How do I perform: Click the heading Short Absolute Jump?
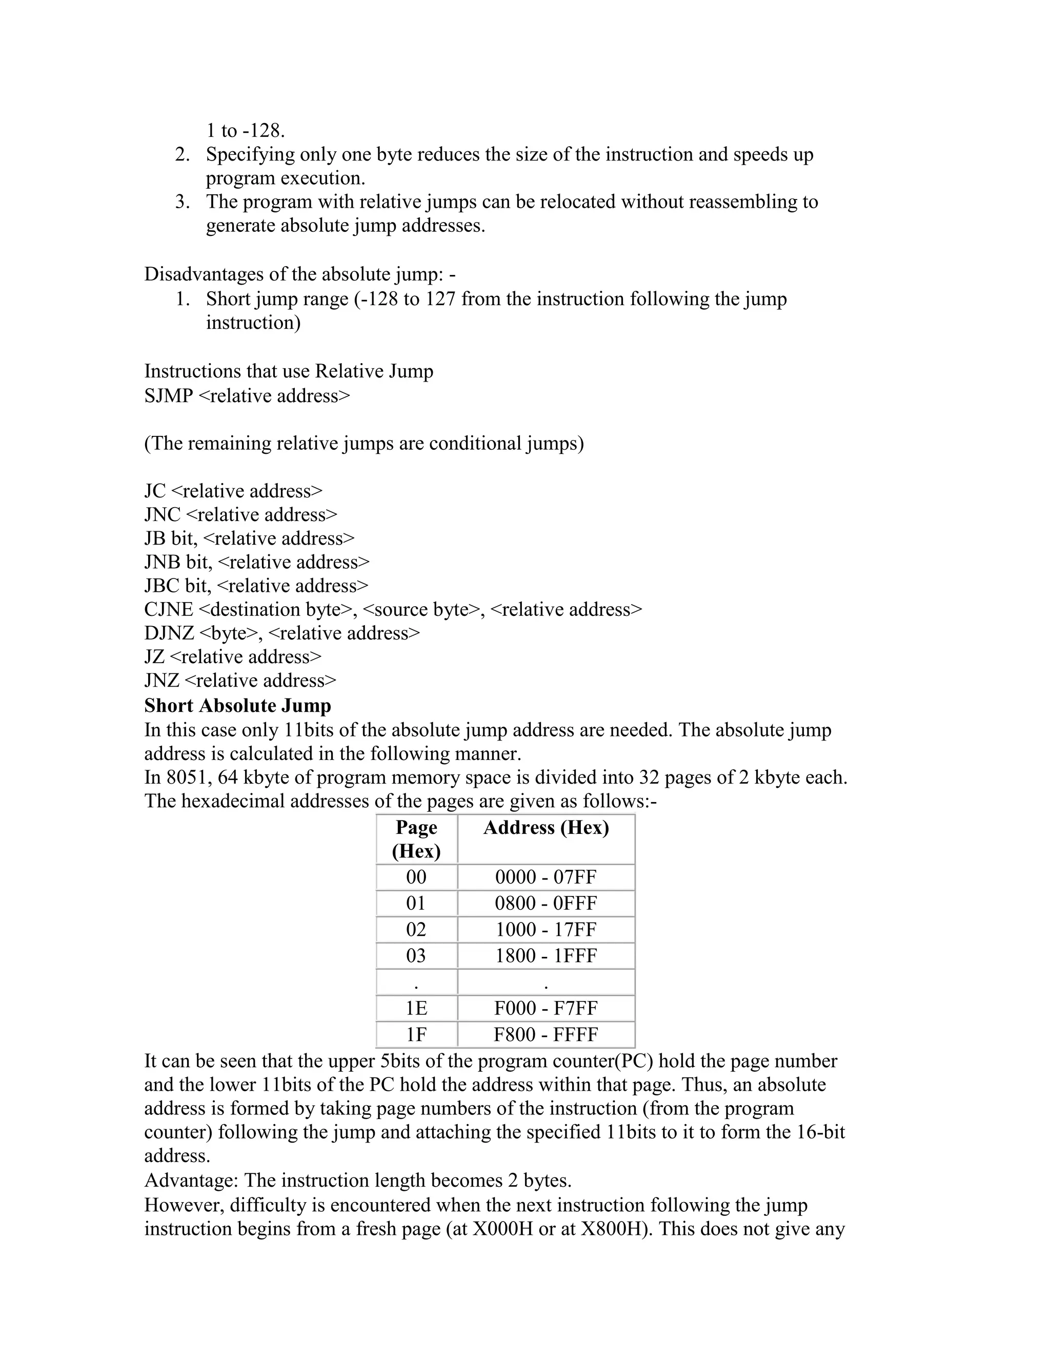point(237,706)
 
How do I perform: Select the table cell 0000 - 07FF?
point(546,877)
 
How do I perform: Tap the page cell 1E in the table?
point(416,1008)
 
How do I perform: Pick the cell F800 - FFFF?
point(546,1034)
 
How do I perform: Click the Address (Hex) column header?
point(546,828)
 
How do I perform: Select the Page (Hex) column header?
point(416,839)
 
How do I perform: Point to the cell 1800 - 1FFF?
point(546,956)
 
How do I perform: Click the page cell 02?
point(416,930)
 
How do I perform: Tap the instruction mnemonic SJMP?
point(169,396)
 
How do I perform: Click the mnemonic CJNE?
point(169,609)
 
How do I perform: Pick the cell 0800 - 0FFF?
point(546,904)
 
